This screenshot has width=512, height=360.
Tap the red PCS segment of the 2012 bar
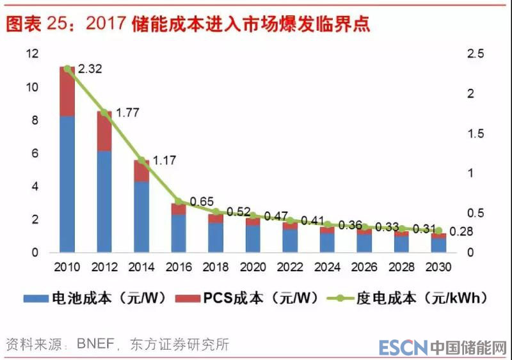[x=104, y=131]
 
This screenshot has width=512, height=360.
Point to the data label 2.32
[x=90, y=68]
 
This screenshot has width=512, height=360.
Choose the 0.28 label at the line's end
[x=461, y=231]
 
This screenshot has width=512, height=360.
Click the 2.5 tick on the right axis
[x=474, y=54]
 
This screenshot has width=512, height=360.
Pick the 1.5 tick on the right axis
[x=474, y=134]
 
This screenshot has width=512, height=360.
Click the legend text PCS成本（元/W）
[x=262, y=298]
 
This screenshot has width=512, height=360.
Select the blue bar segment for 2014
[x=141, y=217]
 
